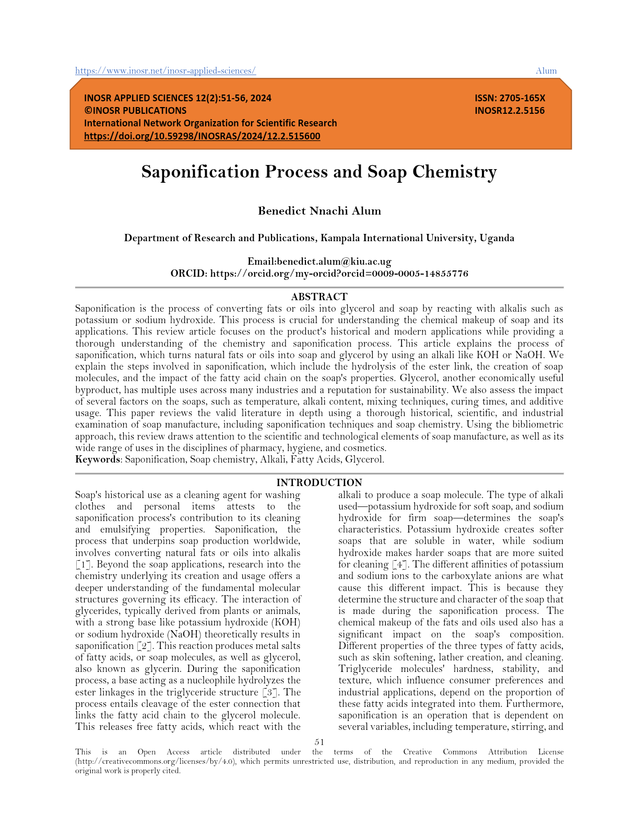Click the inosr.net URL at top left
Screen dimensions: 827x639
point(165,71)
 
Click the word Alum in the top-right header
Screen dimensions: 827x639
point(546,71)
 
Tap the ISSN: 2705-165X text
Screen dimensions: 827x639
point(510,98)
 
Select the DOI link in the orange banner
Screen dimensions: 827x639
point(202,136)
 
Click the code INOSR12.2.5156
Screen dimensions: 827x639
point(510,111)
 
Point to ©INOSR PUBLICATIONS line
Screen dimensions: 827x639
point(135,111)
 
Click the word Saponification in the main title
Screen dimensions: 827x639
point(200,172)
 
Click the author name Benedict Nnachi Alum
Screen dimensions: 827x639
point(319,211)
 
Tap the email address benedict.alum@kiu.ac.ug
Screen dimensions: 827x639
point(334,262)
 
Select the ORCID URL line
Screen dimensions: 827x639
point(339,274)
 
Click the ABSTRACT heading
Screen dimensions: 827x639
point(319,297)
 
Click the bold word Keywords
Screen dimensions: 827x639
point(98,459)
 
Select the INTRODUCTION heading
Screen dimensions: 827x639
point(319,482)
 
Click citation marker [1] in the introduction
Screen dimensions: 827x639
point(82,564)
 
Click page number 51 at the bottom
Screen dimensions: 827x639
point(319,742)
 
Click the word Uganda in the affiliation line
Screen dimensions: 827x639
point(496,238)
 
